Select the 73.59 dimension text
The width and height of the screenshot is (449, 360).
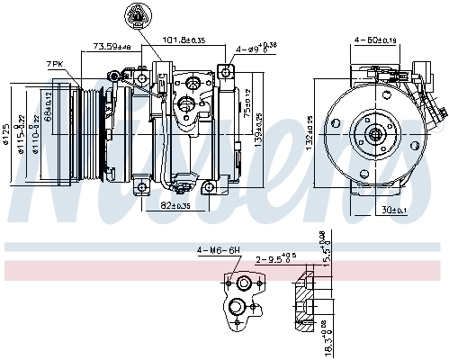tap(112, 46)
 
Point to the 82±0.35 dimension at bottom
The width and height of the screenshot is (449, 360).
tap(175, 205)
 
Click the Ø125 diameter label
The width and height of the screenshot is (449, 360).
tap(6, 133)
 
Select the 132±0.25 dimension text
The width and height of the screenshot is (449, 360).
tap(311, 131)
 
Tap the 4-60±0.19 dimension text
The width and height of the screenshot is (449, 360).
tap(375, 39)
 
